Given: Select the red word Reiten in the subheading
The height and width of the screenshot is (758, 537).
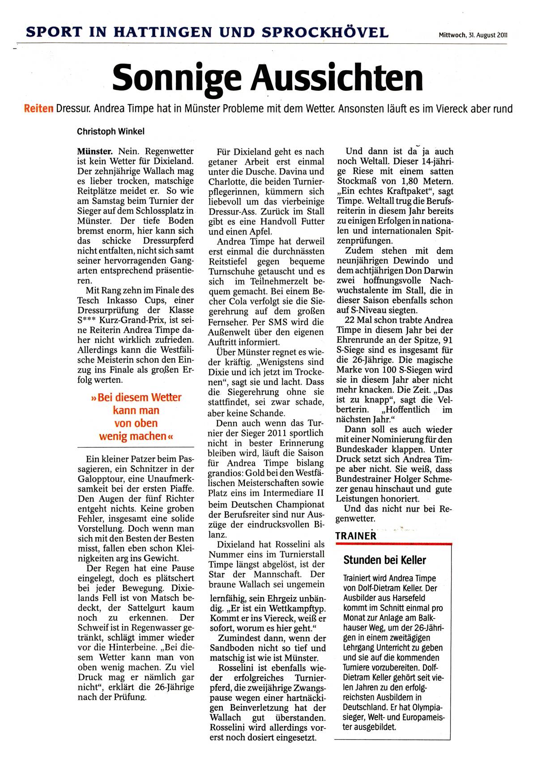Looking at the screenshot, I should (x=38, y=109).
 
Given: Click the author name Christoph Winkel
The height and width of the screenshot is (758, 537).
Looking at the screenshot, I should (x=111, y=131).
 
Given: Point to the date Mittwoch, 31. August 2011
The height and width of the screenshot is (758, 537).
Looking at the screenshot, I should (x=473, y=35).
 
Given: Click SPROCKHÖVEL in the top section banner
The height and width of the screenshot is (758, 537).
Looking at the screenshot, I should (x=325, y=32).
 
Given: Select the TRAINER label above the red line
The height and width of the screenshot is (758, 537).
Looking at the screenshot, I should (x=356, y=536).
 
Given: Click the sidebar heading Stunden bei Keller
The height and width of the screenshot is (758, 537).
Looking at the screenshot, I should (x=384, y=560).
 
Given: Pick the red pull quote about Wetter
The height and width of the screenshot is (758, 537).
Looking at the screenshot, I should (x=136, y=416).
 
